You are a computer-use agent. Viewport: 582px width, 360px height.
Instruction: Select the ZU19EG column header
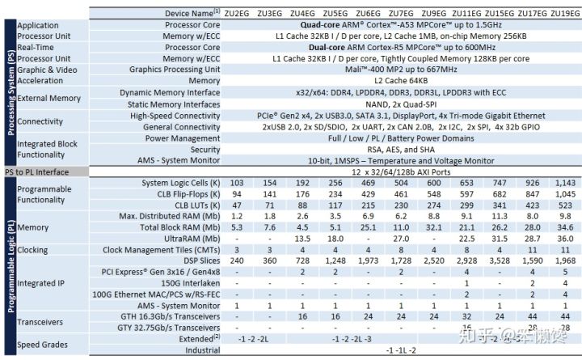(x=564, y=14)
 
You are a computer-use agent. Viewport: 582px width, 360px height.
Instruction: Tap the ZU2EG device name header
(x=237, y=14)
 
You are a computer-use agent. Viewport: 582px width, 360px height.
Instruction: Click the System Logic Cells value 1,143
(x=564, y=184)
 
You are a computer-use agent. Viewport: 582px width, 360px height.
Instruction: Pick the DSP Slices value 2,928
(x=466, y=261)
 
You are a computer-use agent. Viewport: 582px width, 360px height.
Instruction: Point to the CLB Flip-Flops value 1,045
(x=564, y=195)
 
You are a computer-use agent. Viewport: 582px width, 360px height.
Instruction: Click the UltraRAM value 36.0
(x=564, y=239)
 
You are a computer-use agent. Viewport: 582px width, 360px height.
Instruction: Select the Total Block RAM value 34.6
(x=564, y=227)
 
